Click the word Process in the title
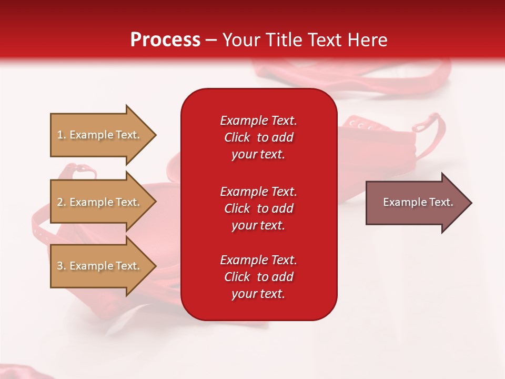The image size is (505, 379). click(165, 39)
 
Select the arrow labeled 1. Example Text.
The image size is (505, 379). click(100, 135)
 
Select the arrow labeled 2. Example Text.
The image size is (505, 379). click(100, 202)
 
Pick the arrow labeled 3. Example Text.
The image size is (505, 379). click(100, 266)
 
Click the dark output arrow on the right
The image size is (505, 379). click(416, 203)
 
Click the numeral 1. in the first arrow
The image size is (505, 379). click(62, 135)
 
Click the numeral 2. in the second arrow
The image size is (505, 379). click(62, 202)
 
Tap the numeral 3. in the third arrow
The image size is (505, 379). click(62, 266)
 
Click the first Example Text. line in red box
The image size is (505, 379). click(258, 121)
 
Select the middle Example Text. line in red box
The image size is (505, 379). click(258, 192)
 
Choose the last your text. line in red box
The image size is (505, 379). click(258, 294)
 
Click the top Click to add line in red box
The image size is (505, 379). click(258, 137)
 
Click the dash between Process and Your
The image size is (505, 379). click(211, 40)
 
